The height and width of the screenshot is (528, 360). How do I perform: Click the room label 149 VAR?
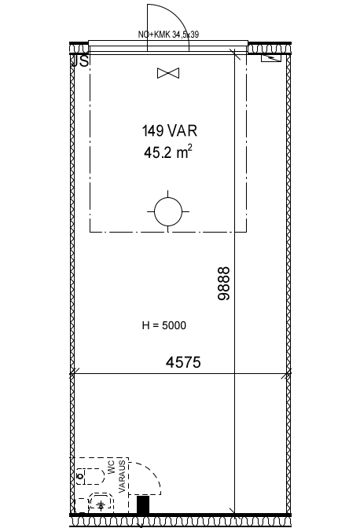coord(170,130)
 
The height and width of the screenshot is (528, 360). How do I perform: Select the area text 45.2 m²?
coord(168,152)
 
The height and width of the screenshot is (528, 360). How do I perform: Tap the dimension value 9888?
coord(224,283)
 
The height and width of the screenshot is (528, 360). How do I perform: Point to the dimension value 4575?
coord(183,362)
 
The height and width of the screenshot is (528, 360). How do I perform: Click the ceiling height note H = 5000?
coord(164,325)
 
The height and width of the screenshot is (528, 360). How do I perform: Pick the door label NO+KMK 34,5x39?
coord(168,35)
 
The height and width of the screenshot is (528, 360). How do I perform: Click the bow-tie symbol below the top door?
coord(168,73)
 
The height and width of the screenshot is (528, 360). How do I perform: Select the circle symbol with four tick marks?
coord(168,212)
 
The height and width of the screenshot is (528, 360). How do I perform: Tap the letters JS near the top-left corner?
coord(80,61)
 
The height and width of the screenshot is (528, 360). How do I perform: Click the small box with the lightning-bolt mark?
coord(271,58)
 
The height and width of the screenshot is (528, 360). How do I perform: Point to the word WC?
coord(112,467)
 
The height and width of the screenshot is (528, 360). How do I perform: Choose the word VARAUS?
coord(122,476)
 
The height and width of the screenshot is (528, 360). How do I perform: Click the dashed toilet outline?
coord(90,476)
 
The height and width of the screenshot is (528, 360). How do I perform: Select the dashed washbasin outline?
coord(101,503)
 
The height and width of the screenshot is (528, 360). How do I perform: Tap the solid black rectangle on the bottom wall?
coord(143,504)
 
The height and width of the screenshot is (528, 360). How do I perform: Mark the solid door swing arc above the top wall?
coord(177,16)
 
